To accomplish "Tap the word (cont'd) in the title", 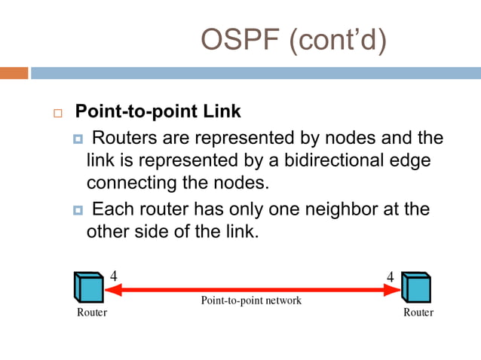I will click(337, 41).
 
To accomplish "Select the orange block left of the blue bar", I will click(14, 73).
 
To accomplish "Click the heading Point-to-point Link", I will click(158, 111).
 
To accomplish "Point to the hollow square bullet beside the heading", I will click(57, 113).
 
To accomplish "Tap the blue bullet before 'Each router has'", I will click(78, 209).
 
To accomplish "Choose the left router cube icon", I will click(89, 287).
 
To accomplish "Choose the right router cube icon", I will click(417, 287).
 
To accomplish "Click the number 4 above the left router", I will click(114, 275).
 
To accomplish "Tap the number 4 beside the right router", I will click(390, 276).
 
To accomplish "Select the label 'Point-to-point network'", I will click(251, 300).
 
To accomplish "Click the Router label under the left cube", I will click(92, 312).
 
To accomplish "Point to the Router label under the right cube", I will click(418, 312).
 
